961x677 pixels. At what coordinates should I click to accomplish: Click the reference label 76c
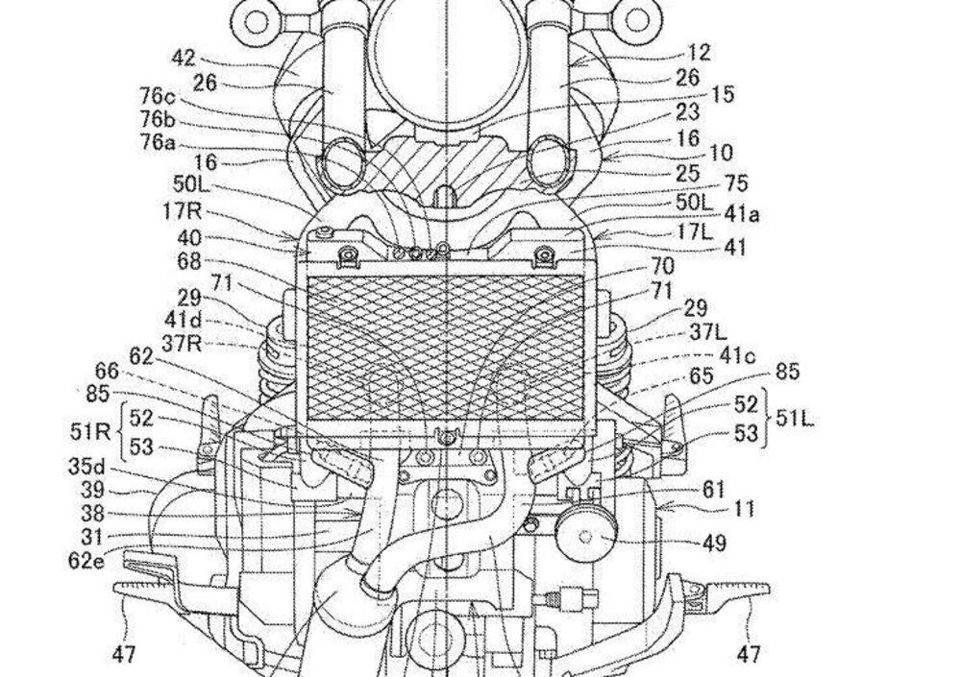[157, 96]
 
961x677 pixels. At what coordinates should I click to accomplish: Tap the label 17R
[183, 211]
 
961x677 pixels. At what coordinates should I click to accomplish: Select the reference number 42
[184, 59]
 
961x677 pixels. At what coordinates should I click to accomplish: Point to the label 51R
[89, 431]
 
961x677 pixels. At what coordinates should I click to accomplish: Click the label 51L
[795, 419]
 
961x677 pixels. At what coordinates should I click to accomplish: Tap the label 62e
[86, 560]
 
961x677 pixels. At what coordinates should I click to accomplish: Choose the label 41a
[742, 215]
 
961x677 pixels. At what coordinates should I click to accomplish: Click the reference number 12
[699, 53]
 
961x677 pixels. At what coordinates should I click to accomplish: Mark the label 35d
[86, 467]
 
